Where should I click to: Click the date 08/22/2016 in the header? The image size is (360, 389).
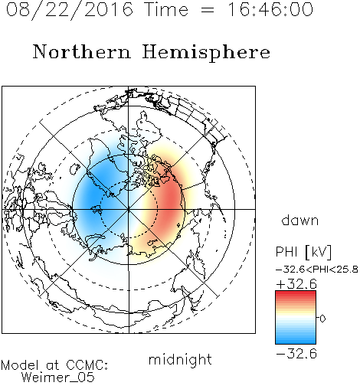[70, 10]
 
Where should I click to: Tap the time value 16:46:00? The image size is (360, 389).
[270, 9]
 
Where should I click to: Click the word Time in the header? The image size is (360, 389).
[166, 9]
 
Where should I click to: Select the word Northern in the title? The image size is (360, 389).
[82, 52]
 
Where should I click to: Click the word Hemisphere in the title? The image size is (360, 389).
[206, 53]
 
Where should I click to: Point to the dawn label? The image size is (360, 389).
[300, 220]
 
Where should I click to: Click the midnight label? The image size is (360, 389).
[180, 359]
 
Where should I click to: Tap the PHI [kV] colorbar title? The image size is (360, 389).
[303, 252]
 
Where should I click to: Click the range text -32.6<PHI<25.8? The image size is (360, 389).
[317, 270]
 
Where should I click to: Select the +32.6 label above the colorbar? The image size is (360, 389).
[296, 284]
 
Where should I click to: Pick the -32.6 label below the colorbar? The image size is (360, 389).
[296, 354]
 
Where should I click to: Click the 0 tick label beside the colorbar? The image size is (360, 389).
[322, 319]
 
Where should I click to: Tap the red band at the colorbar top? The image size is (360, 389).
[296, 294]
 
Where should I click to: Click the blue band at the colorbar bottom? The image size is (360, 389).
[296, 341]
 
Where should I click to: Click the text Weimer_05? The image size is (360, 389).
[58, 378]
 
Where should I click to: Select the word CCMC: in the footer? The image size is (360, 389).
[87, 365]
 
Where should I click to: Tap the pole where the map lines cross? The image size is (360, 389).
[129, 209]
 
